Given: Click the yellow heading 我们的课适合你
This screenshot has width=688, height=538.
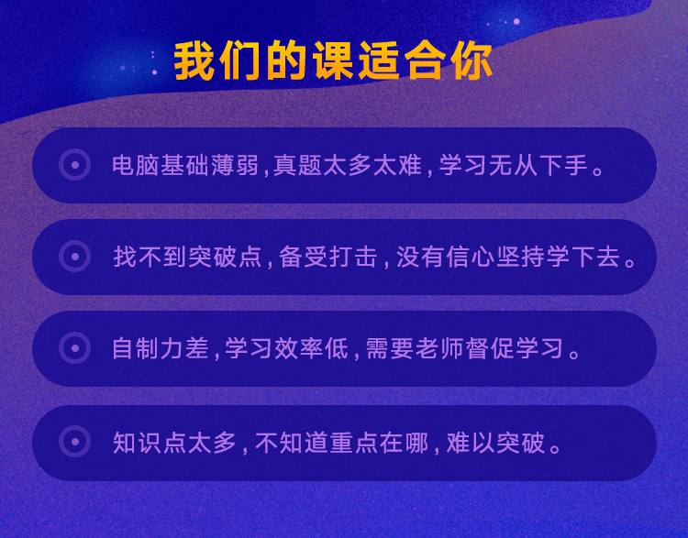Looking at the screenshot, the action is point(333,60).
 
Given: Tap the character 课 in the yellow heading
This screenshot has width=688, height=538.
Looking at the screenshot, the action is point(333,60).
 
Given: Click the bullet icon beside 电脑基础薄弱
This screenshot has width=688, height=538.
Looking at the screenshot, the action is point(75,165).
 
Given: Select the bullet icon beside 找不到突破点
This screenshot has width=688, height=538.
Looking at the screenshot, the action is point(75,256).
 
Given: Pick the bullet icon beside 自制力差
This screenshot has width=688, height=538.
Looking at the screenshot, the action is point(75,348).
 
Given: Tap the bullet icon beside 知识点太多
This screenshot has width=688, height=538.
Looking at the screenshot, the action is point(75,442).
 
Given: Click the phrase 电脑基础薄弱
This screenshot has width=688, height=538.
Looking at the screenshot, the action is point(185,165).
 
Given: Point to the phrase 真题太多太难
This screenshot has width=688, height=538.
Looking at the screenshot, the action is point(348,165).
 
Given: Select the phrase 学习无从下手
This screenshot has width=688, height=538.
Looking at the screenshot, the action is point(513,165).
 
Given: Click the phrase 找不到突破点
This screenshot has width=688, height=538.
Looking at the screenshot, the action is point(187,257).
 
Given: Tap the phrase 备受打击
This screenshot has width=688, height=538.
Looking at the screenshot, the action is point(328,257).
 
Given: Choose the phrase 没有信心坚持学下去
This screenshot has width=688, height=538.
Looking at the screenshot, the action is point(508,257).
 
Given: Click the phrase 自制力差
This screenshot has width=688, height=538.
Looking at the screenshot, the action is point(161,348).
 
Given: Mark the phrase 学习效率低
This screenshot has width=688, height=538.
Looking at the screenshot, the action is point(286,348).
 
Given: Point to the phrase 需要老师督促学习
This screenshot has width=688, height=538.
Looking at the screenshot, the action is point(464,348).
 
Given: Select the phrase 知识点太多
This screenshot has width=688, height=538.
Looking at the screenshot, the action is point(175,443).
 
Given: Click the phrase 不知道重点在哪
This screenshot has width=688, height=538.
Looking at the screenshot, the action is point(342,443).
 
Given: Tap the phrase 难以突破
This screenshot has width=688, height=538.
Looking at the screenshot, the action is point(495,443).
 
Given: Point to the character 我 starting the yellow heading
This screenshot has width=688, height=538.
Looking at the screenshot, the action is point(194,60).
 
